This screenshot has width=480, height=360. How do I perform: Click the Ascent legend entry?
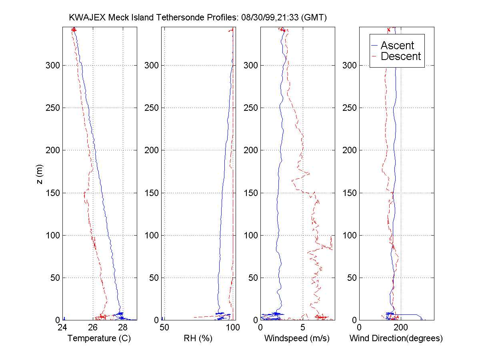[397, 46]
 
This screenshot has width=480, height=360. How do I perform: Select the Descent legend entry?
[401, 56]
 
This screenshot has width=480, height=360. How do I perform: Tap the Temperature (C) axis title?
[99, 338]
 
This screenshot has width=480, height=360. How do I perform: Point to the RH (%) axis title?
[198, 338]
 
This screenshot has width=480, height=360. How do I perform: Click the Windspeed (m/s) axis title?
[297, 338]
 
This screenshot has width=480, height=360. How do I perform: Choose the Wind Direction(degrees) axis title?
[396, 338]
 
